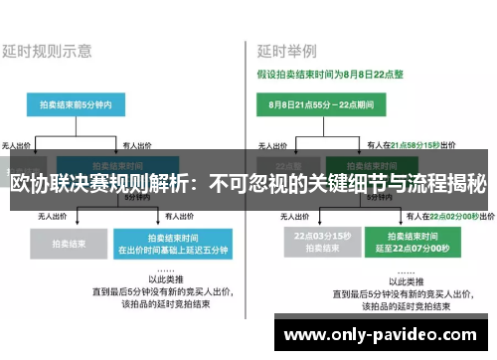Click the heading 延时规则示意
tap(48, 49)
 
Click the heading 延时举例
tap(288, 49)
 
